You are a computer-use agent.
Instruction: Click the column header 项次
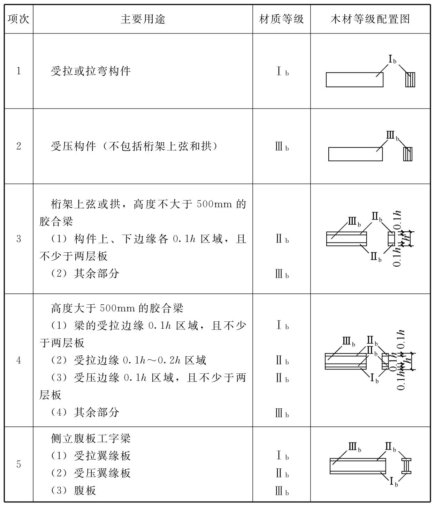(18, 19)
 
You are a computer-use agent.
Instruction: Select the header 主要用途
(143, 19)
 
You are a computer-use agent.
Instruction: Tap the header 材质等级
(281, 19)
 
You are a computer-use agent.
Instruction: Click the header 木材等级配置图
(370, 19)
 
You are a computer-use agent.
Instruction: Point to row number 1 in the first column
(18, 71)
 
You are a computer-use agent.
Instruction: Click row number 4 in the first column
(18, 360)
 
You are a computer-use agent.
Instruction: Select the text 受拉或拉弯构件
(91, 71)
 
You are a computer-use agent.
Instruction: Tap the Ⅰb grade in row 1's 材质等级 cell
(282, 72)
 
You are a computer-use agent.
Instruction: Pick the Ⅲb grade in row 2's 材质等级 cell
(282, 147)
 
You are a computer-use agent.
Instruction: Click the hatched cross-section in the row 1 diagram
(410, 80)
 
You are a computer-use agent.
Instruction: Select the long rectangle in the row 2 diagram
(355, 154)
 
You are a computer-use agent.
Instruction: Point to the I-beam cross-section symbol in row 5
(406, 466)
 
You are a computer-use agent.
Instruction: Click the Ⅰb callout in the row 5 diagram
(393, 482)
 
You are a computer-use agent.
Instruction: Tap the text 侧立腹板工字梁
(91, 439)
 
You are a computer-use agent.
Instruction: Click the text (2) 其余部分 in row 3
(85, 273)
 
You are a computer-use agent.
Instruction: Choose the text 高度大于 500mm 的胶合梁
(117, 308)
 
